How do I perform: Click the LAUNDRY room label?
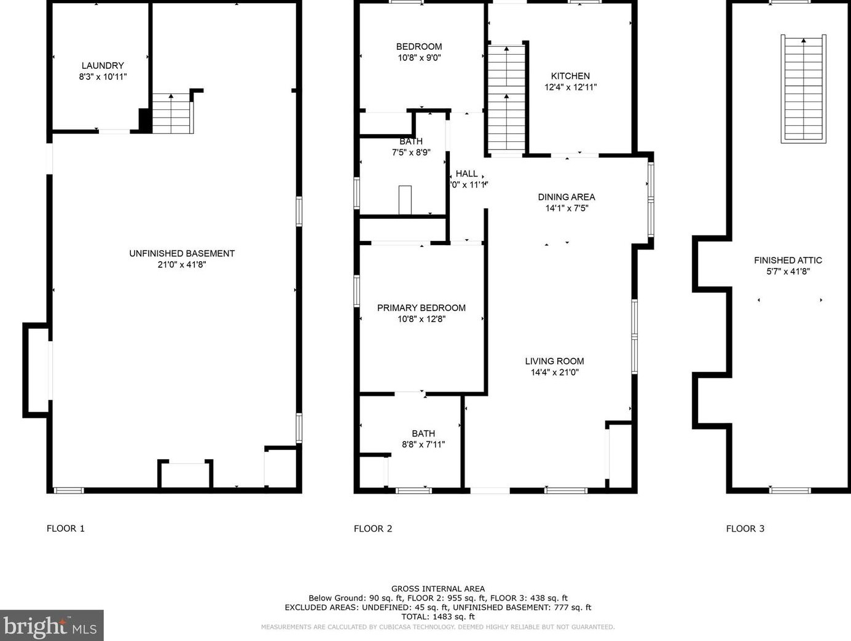click(103, 66)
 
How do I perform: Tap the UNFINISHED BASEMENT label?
click(182, 253)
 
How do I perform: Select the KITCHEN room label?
click(570, 76)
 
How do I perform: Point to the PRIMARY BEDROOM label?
click(421, 308)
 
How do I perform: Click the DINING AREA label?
click(567, 197)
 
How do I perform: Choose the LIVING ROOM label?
click(554, 361)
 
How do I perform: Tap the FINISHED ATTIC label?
click(788, 261)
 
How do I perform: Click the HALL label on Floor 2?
click(467, 174)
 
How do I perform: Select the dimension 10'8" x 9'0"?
click(418, 58)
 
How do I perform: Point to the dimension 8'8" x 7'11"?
click(423, 444)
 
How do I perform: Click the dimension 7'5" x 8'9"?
click(411, 152)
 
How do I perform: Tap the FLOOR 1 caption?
click(66, 529)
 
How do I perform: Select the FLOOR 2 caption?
click(373, 529)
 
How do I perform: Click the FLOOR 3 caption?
click(745, 529)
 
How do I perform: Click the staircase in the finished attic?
click(803, 89)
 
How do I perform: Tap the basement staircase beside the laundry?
click(172, 114)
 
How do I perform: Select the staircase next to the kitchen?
click(506, 98)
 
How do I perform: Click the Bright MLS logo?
click(52, 626)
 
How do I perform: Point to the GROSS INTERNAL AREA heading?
click(438, 589)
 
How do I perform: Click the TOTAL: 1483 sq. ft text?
click(438, 616)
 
